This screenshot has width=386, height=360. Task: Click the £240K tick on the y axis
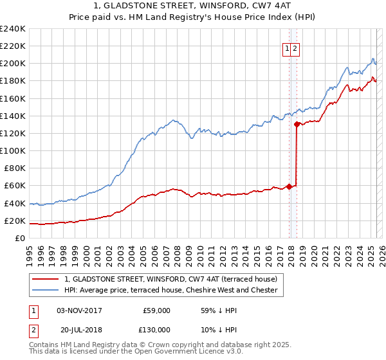[x=13, y=28]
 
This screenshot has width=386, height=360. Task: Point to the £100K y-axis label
[x=13, y=150]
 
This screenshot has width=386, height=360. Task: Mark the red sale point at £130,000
[x=297, y=124]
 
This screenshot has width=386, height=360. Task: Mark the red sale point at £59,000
[x=289, y=187]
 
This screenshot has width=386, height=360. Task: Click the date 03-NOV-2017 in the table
[x=80, y=310]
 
